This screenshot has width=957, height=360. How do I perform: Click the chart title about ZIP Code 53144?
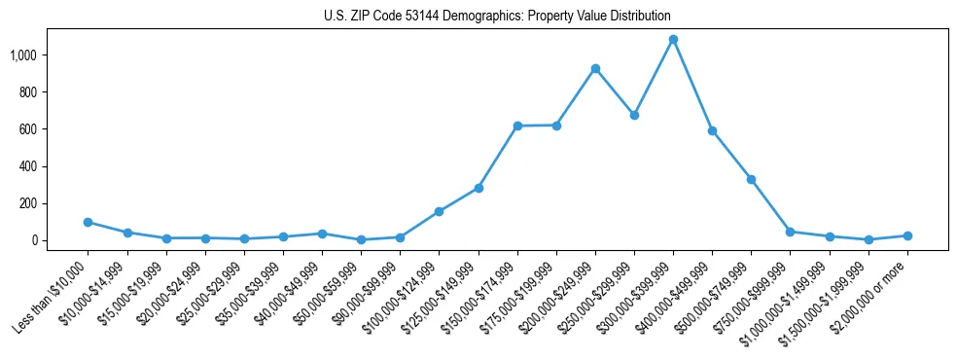click(497, 17)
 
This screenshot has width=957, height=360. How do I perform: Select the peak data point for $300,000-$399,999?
click(673, 40)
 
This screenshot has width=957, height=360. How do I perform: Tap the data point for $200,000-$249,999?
click(595, 68)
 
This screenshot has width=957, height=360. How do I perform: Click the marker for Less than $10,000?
click(89, 222)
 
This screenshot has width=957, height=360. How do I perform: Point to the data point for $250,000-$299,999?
click(634, 115)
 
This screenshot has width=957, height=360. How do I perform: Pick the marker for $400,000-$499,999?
click(712, 130)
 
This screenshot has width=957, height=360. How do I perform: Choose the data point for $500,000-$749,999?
click(751, 180)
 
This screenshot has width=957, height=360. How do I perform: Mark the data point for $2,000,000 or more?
click(907, 235)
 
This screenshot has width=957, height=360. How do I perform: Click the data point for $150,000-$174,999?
click(517, 126)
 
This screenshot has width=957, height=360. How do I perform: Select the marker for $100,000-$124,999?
click(440, 211)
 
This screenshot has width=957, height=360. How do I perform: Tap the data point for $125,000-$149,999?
click(478, 188)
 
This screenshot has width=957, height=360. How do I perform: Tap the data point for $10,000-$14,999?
click(127, 233)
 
